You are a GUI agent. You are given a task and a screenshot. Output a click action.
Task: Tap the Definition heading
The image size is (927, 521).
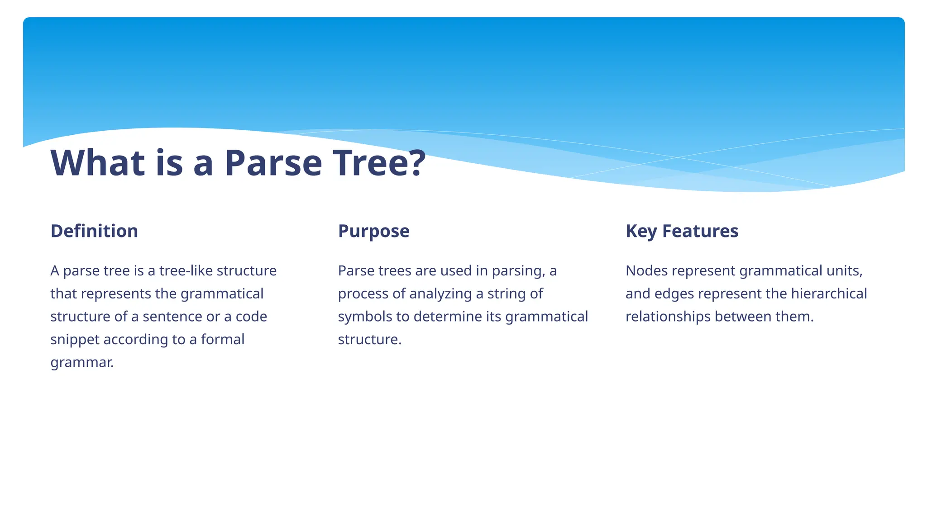pyautogui.click(x=94, y=231)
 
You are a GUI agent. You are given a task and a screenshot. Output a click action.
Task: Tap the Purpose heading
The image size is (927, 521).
pyautogui.click(x=373, y=231)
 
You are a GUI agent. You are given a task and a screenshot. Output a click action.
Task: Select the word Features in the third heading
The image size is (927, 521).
pyautogui.click(x=700, y=231)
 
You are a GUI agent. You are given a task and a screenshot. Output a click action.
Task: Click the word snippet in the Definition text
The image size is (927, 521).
pyautogui.click(x=75, y=340)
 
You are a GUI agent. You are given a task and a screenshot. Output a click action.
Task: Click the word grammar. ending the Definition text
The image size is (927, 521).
pyautogui.click(x=82, y=363)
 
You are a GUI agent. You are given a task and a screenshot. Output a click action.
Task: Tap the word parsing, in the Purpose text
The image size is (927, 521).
pyautogui.click(x=519, y=271)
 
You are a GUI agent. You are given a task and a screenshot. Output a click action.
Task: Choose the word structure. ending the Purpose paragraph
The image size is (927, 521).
pyautogui.click(x=369, y=340)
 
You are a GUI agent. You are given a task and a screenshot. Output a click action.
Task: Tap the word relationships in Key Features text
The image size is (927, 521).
pyautogui.click(x=668, y=317)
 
